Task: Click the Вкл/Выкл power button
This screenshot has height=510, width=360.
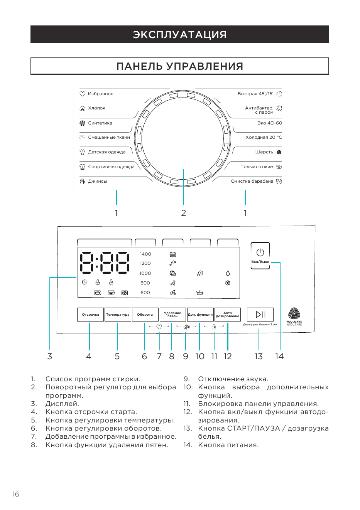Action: coord(260,256)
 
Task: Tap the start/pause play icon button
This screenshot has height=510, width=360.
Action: coord(260,315)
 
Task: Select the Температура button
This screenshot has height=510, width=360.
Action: coord(118,315)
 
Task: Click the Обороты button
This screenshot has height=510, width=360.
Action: coord(145,315)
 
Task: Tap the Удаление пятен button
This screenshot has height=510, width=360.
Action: coord(173,315)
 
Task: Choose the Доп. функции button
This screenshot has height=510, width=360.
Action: coord(200,315)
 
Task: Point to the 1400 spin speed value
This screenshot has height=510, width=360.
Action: coord(145,254)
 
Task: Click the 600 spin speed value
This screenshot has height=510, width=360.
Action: coord(145,293)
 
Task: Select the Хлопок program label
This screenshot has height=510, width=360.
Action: coord(96,108)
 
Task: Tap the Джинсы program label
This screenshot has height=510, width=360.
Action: coord(98,182)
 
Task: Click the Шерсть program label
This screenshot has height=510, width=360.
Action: coord(264,152)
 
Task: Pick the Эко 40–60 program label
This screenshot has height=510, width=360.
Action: coord(270,123)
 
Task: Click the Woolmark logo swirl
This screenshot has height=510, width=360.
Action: coord(294,313)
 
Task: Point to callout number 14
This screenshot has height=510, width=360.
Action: coord(279,356)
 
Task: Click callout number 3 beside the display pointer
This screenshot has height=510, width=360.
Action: coord(50,356)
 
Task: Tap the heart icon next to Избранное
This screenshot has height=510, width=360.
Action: coord(82,94)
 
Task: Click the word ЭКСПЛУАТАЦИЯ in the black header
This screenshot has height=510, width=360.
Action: coord(180,34)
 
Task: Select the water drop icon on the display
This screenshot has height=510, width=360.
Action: coord(228,273)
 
